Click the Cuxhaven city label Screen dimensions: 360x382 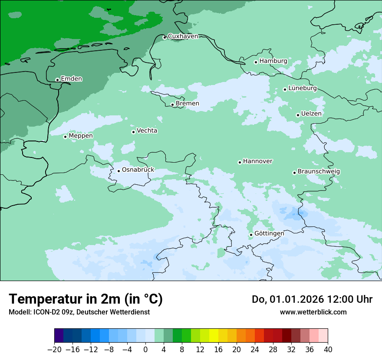pos(183,36)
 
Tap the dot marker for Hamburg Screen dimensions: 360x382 pos(256,62)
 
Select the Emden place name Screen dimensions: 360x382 pos(71,79)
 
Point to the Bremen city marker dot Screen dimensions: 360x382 pos(172,105)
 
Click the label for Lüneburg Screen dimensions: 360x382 pos(303,88)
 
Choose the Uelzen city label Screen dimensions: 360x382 pos(311,114)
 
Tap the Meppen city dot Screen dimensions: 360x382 pos(65,137)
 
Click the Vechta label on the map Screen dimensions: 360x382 pos(147,131)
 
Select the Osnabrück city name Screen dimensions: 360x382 pos(138,170)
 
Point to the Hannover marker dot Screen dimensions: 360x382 pos(240,162)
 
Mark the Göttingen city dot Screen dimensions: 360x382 pos(251,235)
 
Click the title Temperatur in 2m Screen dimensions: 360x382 pos(86,299)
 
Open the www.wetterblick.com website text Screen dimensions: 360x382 pos(313,312)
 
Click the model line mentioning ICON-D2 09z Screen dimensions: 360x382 pos(79,312)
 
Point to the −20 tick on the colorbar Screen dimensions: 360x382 pos(54,350)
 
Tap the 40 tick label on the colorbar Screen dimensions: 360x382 pos(328,350)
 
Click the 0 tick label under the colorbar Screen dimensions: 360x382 pos(145,350)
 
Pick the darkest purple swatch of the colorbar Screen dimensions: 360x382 pos(59,335)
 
